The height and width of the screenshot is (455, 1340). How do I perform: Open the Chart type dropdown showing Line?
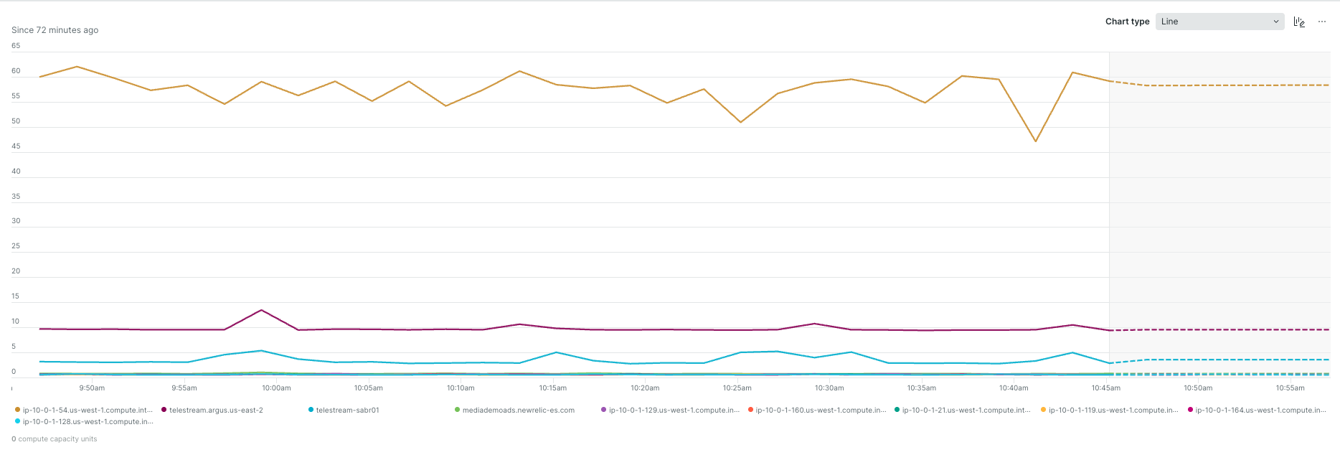(1219, 22)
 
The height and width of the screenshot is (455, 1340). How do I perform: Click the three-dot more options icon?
(1322, 22)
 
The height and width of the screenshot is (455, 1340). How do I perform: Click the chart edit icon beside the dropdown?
(1299, 22)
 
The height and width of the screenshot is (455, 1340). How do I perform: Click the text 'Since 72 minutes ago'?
(55, 30)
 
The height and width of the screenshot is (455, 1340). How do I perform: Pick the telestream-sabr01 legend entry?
(347, 411)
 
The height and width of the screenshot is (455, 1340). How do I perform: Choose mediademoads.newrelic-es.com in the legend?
(518, 411)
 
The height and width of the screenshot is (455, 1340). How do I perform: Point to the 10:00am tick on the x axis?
(276, 388)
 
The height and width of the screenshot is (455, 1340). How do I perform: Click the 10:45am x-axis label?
(1106, 388)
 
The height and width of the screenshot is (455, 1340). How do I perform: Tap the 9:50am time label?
(92, 388)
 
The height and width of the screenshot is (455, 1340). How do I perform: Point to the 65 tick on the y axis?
(16, 46)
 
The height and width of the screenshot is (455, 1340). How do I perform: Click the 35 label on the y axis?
(16, 196)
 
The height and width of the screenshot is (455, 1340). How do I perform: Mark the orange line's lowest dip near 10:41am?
(1035, 141)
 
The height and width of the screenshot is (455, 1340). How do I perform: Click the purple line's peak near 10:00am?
(261, 310)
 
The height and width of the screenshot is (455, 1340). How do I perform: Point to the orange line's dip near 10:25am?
(740, 122)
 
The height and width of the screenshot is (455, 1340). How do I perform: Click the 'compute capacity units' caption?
(57, 439)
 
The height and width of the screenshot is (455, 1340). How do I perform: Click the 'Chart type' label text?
(1127, 22)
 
